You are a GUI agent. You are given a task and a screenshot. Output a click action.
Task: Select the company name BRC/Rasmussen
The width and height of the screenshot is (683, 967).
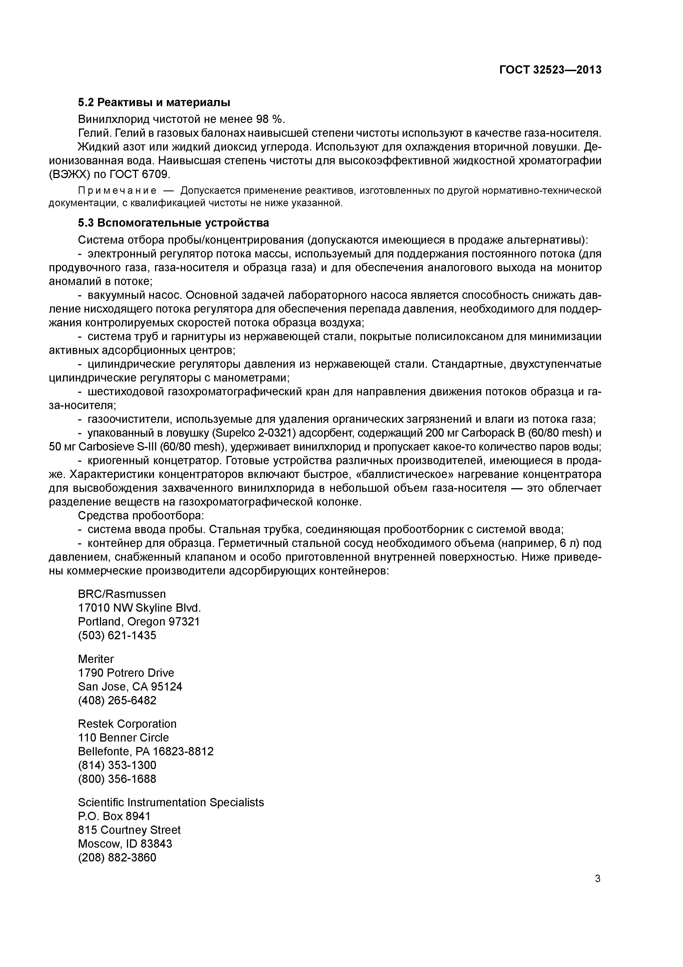(x=122, y=594)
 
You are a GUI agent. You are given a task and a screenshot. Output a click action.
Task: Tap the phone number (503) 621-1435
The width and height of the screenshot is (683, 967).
(x=117, y=635)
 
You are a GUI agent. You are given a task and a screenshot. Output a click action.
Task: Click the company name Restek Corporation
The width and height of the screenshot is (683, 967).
(x=127, y=724)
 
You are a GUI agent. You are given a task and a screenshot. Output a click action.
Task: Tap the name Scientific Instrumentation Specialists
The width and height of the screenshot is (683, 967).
(x=171, y=802)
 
